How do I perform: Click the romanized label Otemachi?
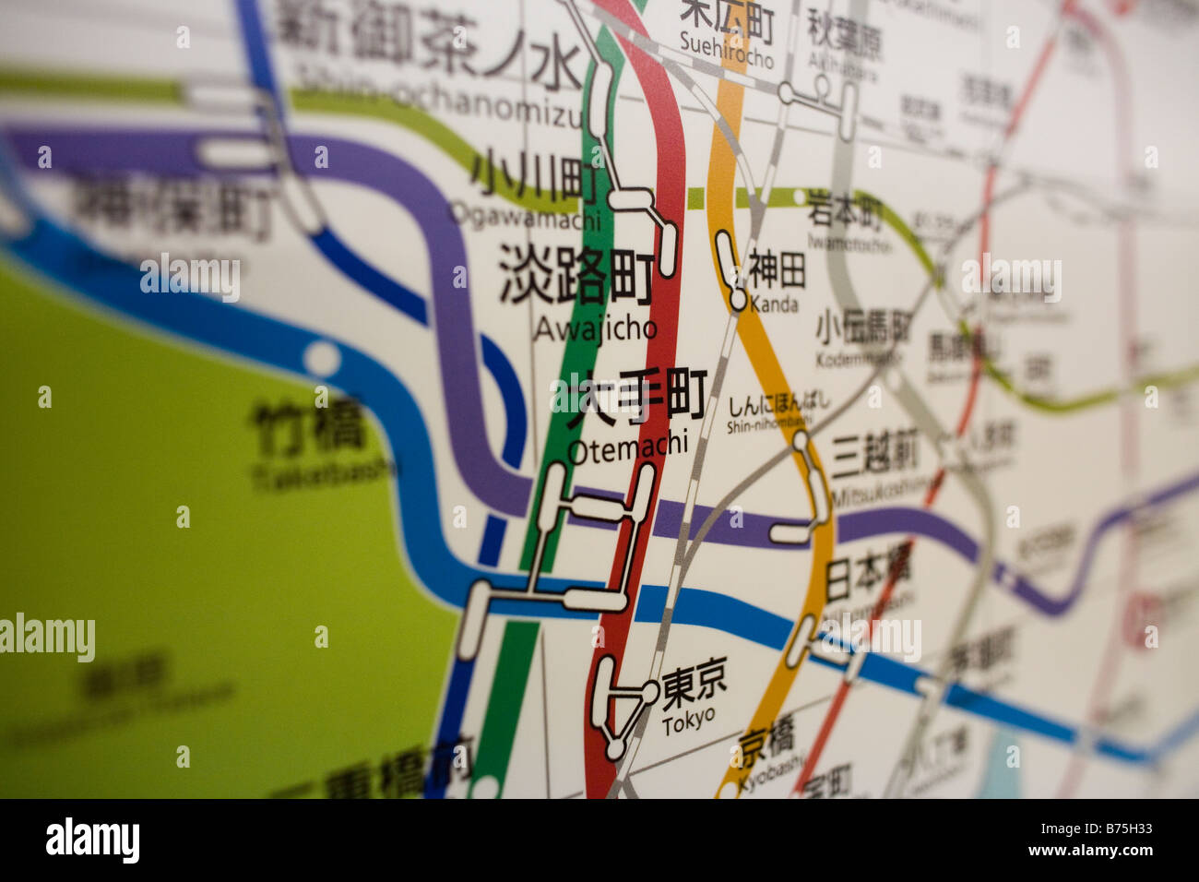pos(627,447)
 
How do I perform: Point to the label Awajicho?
pos(595,328)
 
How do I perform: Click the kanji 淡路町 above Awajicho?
pos(576,273)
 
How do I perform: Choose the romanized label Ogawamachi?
pos(525,216)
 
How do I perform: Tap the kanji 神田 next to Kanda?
pos(777,270)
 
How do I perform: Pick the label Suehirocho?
pos(726,47)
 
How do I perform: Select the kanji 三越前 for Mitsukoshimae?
pos(874,453)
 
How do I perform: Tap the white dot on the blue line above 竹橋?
pos(322,356)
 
